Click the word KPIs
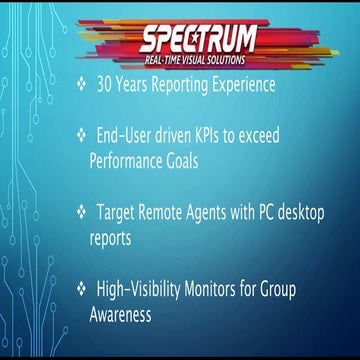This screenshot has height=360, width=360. pos(228,132)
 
